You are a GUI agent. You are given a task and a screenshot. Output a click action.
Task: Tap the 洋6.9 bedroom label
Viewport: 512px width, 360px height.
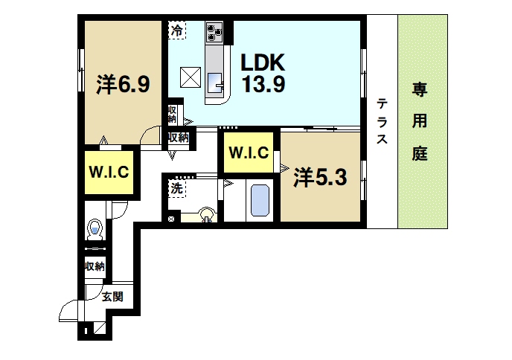coord(124,84)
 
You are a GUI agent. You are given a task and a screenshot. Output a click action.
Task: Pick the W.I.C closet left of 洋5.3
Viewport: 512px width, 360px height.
coord(248,154)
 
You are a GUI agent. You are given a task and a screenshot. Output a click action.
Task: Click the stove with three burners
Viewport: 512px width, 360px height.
coord(215,33)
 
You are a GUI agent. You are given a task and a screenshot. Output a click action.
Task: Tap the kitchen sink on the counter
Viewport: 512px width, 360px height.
coord(216,84)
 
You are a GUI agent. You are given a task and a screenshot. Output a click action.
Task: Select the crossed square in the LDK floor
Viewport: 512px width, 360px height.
coord(191,76)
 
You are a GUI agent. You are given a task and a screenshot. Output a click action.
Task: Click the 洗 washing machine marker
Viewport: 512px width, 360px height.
coord(176,189)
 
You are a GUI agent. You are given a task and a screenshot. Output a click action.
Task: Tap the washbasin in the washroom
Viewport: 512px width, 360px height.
coord(205,216)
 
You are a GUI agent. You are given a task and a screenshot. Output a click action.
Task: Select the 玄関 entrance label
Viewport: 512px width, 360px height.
coord(112,296)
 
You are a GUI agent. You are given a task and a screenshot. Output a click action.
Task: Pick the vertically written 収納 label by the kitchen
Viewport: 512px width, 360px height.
coord(172,115)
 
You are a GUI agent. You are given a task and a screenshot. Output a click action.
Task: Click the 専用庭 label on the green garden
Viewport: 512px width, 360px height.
coord(421,122)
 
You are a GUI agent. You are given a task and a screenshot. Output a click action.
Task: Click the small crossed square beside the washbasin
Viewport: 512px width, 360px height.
coord(173,218)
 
